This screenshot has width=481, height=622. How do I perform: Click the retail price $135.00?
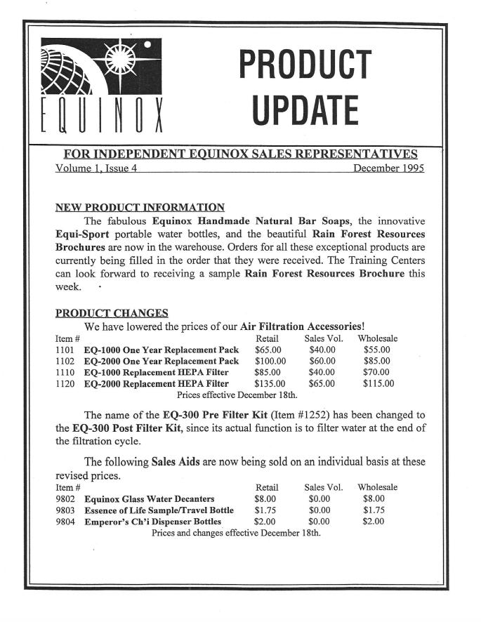click(270, 383)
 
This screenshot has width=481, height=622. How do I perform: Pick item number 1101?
click(65, 349)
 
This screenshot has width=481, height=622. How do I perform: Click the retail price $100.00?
click(270, 360)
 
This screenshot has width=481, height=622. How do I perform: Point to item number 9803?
click(65, 510)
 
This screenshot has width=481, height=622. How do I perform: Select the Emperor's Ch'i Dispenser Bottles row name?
click(152, 521)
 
